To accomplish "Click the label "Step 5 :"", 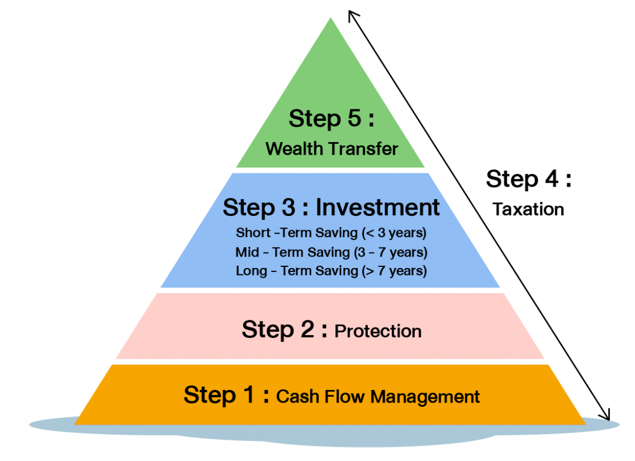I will click(331, 119).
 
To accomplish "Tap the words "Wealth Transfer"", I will click(331, 149).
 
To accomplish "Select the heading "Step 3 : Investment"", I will click(331, 207).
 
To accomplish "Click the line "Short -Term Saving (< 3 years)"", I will click(331, 234).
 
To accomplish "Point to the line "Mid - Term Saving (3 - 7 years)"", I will click(331, 252).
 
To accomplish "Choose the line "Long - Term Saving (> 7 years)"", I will click(331, 270).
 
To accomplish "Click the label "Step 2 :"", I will click(285, 330).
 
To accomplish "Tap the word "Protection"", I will click(378, 331).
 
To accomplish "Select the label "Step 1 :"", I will click(227, 395).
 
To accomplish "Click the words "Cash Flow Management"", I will click(378, 396).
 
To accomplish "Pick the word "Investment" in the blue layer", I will click(378, 207).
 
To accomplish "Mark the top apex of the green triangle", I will click(331, 18).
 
